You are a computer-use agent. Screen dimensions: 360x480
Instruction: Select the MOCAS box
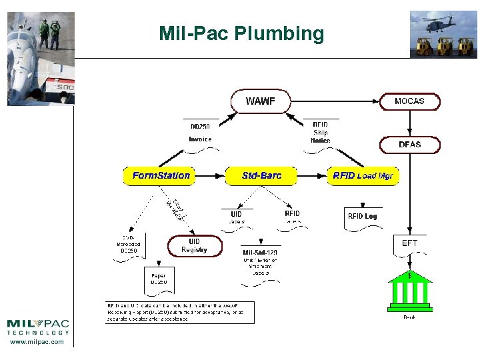click(409, 101)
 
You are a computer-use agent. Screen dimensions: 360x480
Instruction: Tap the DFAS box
click(409, 145)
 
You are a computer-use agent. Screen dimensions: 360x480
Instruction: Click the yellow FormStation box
click(161, 176)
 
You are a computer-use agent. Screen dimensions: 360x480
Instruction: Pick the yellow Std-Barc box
click(261, 176)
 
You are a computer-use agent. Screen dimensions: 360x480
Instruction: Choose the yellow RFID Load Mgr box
click(363, 176)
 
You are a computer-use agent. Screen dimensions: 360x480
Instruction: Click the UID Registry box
click(194, 246)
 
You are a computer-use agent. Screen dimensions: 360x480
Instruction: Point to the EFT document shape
click(409, 245)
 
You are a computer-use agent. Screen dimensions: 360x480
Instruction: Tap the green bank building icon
click(409, 291)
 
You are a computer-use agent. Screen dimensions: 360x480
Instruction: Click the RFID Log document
click(362, 217)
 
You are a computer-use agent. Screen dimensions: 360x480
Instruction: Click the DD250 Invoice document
click(200, 133)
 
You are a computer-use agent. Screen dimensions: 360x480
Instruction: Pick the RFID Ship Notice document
click(320, 133)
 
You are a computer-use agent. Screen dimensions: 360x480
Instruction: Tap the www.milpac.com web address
click(37, 342)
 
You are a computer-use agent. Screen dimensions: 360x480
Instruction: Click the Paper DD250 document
click(159, 279)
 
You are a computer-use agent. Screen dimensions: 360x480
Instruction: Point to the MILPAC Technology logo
click(37, 327)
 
